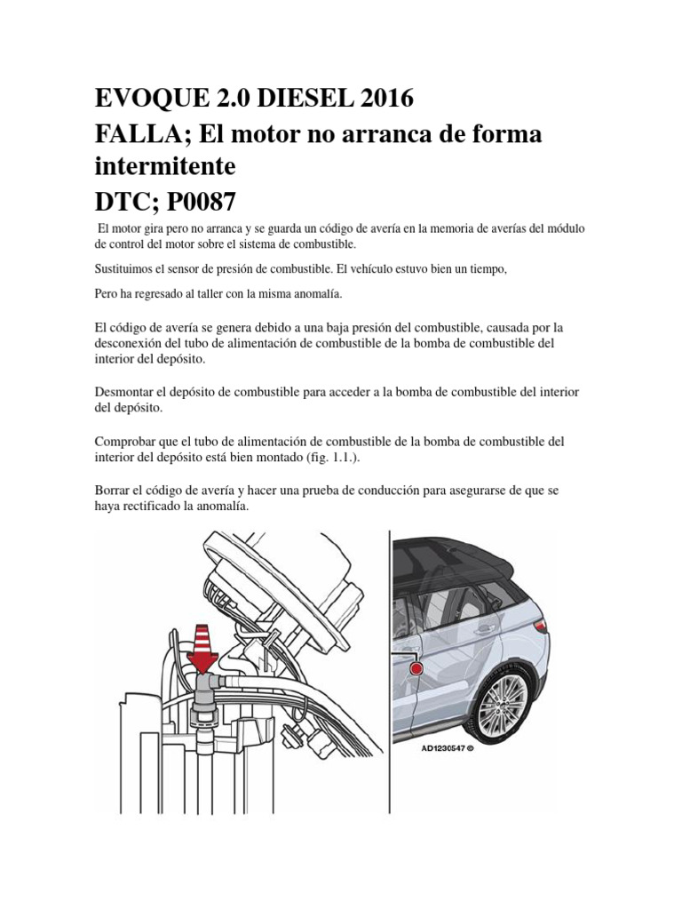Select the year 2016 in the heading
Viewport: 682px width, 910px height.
[383, 98]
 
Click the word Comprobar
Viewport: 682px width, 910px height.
[125, 442]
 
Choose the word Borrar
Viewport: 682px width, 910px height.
[112, 491]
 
